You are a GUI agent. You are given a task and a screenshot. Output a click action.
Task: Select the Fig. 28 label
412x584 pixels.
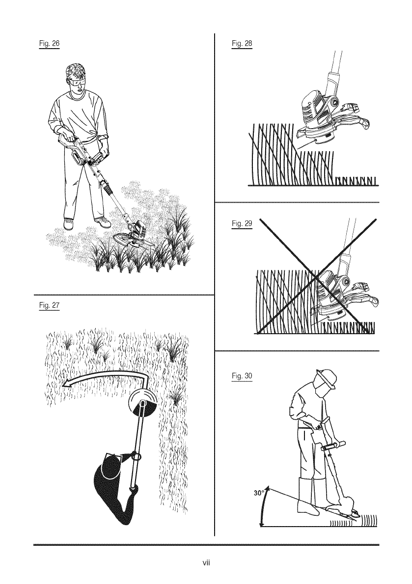click(x=242, y=44)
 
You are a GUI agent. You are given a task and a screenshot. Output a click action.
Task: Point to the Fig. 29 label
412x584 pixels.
click(x=242, y=224)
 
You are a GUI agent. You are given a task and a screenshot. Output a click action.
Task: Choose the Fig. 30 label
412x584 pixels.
click(x=242, y=376)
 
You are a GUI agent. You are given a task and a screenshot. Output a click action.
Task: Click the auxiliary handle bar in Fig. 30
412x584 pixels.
click(x=332, y=447)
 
